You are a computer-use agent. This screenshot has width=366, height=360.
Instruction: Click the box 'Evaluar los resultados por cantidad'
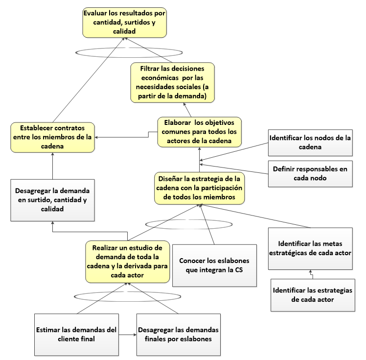pyautogui.click(x=124, y=22)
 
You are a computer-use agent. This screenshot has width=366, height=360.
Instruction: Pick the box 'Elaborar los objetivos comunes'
pyautogui.click(x=200, y=131)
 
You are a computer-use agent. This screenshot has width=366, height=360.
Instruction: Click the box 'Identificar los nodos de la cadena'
pyautogui.click(x=310, y=143)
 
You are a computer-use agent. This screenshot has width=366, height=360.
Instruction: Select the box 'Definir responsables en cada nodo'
pyautogui.click(x=310, y=173)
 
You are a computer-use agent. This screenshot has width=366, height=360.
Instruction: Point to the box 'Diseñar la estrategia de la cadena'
pyautogui.click(x=199, y=187)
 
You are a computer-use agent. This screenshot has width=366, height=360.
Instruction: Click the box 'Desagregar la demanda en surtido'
pyautogui.click(x=52, y=199)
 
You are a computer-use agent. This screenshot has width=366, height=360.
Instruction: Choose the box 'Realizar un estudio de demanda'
pyautogui.click(x=128, y=262)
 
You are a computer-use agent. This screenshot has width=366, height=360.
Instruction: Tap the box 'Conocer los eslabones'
pyautogui.click(x=214, y=265)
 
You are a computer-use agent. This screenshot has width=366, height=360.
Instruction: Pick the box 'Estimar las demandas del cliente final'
pyautogui.click(x=77, y=334)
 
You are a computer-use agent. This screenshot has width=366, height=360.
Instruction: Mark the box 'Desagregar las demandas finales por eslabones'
pyautogui.click(x=178, y=334)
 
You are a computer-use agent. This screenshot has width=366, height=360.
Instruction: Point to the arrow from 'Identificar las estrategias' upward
pyautogui.click(x=310, y=273)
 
